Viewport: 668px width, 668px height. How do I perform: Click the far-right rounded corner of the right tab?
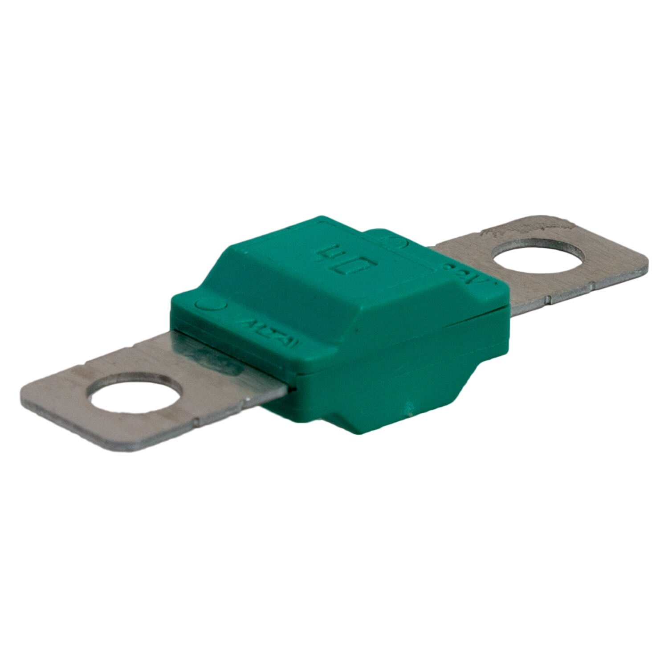pyautogui.click(x=644, y=263)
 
